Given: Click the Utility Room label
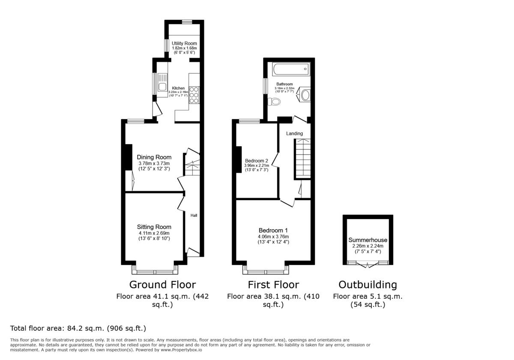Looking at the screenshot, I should (184, 44).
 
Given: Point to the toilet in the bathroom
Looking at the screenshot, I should (274, 102).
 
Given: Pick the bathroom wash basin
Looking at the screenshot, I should (305, 95).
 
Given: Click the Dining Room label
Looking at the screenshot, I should (154, 157).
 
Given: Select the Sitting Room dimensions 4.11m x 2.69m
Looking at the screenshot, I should (154, 233).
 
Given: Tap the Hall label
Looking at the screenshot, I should (194, 216).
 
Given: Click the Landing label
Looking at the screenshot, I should (294, 134).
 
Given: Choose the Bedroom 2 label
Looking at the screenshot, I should (257, 161).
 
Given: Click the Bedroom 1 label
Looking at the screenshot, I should (273, 230).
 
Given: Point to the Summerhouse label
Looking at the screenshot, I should (368, 240).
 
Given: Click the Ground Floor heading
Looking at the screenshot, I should (162, 285).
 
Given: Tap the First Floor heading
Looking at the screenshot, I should (273, 285).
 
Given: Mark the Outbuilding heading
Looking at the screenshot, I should (368, 285).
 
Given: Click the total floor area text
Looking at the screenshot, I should (78, 329).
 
